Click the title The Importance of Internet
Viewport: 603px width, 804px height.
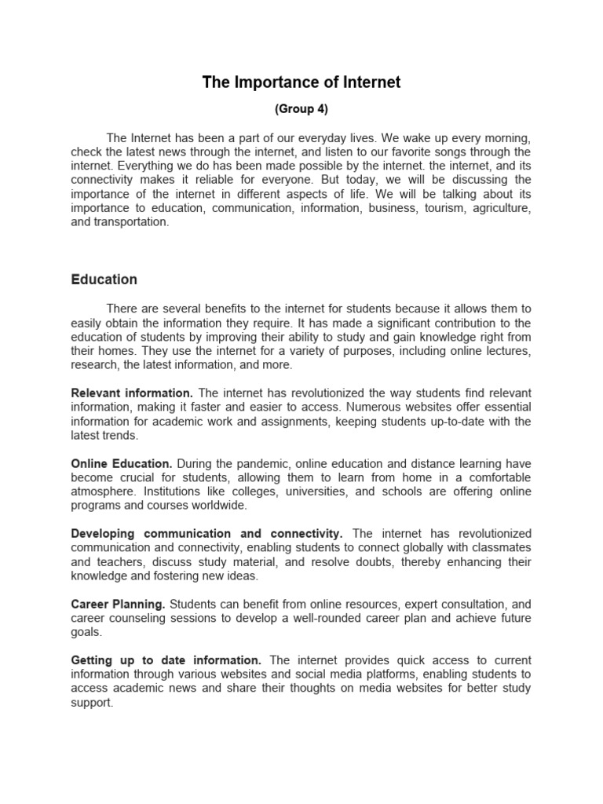(x=301, y=82)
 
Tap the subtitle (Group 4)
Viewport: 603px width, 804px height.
(x=301, y=109)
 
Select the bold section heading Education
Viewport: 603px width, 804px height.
(x=104, y=280)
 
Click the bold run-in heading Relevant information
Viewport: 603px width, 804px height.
(x=132, y=393)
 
